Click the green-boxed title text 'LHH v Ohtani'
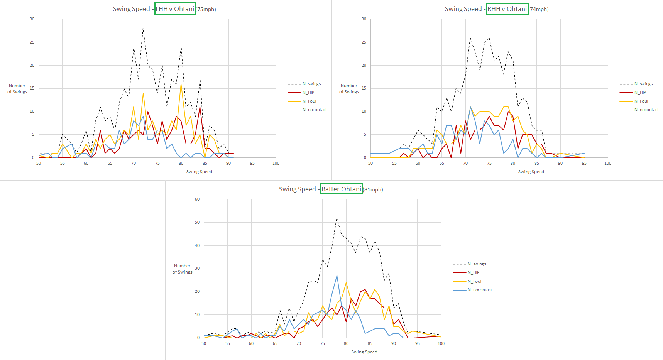(x=175, y=9)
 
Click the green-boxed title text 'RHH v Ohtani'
(x=507, y=9)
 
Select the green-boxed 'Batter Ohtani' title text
(x=341, y=189)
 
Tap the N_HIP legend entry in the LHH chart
(x=308, y=93)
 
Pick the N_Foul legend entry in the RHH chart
(x=641, y=101)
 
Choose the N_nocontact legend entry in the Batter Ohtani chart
(x=480, y=290)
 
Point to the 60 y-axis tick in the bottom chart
(x=197, y=199)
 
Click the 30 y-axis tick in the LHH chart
(x=32, y=19)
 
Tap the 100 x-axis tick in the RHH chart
(x=608, y=163)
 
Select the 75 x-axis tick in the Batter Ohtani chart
(x=323, y=343)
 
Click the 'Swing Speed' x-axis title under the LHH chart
(x=199, y=172)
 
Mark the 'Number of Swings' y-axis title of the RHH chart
(x=349, y=89)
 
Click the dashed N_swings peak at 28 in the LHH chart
(x=143, y=28)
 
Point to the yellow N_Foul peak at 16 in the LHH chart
(x=181, y=84)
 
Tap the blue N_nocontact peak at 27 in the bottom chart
(x=337, y=275)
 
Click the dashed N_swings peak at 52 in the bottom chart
(x=337, y=218)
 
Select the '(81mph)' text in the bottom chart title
(x=373, y=189)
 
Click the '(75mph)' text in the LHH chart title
(x=206, y=9)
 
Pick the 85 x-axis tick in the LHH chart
(x=205, y=163)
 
